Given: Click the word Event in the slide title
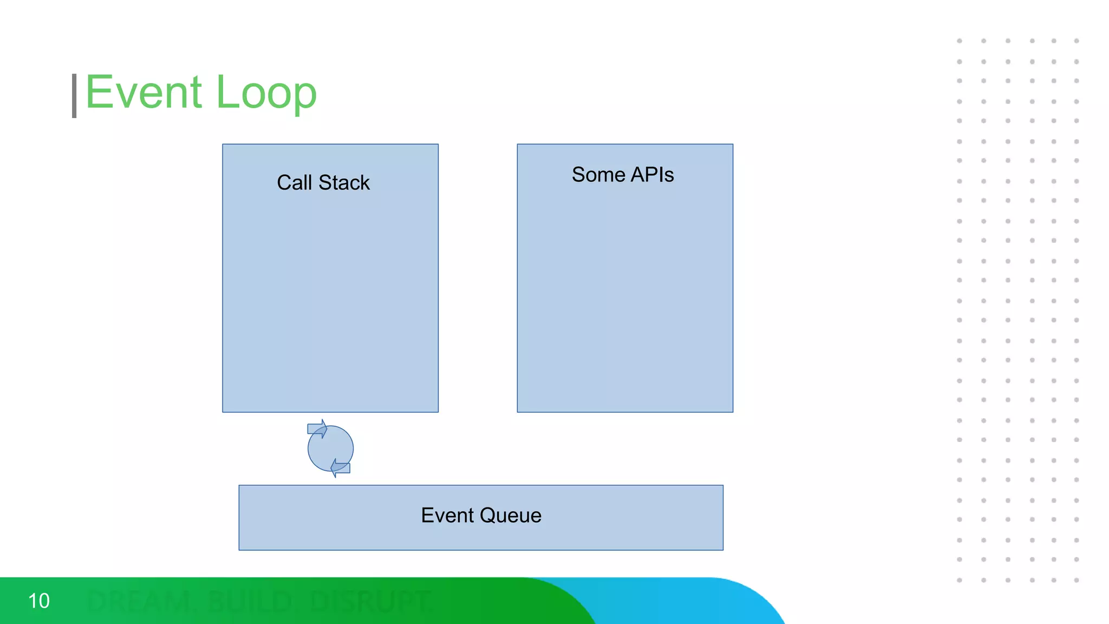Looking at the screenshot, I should point(143,93).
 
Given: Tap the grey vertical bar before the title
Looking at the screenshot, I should point(74,96).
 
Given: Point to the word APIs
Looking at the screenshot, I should point(652,174).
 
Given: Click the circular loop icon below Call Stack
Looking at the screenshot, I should point(330,448).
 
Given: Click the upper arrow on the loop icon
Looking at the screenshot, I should point(317,429).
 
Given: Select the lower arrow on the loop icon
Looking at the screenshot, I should point(341,467).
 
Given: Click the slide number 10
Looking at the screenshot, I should point(38,601).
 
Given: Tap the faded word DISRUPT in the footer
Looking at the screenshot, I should point(371,602).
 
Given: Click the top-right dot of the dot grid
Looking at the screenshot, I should point(1077,41).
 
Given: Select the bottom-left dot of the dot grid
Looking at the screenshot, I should point(960,580).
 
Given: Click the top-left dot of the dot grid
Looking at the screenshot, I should point(960,41).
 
